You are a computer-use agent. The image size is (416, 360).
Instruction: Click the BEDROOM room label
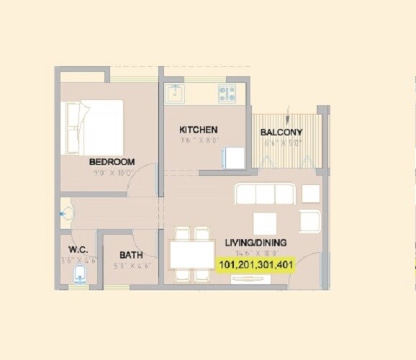tap(112, 162)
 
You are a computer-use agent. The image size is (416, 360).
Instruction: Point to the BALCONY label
tap(281, 132)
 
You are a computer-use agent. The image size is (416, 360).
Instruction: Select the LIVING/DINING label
tap(256, 242)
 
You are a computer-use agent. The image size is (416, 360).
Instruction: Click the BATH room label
tap(130, 255)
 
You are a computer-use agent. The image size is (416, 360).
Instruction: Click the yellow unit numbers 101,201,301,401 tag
tap(256, 264)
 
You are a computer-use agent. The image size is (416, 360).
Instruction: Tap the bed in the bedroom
tap(92, 127)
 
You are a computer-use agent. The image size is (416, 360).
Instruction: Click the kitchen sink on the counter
tap(175, 93)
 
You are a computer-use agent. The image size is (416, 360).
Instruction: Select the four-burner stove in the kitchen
tap(228, 93)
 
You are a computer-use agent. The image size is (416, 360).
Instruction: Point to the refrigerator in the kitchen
tap(235, 158)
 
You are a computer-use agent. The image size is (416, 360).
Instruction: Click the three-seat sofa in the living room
tap(264, 194)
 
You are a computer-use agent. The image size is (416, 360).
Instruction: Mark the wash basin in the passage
tap(66, 213)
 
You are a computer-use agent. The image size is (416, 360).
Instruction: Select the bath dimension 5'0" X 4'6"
tap(130, 266)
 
